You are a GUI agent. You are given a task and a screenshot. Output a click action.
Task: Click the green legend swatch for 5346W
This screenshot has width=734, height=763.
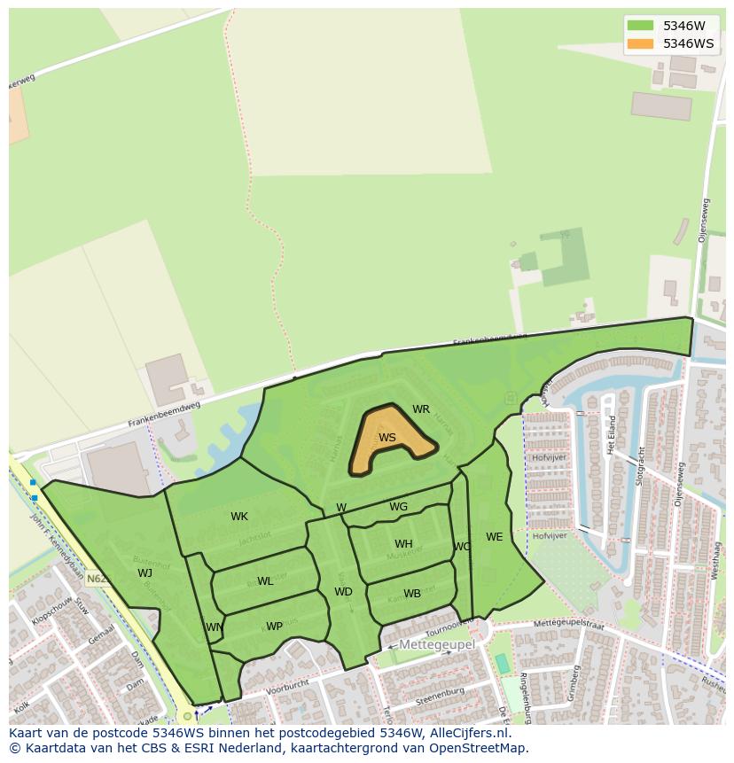click(640, 26)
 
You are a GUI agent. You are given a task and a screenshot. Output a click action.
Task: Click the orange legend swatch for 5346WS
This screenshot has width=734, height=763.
click(640, 43)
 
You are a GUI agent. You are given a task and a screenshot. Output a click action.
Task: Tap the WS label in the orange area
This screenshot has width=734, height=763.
click(387, 438)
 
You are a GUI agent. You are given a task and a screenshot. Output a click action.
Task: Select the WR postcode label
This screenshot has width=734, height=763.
click(421, 409)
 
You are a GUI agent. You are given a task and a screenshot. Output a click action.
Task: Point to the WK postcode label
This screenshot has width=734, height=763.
click(239, 517)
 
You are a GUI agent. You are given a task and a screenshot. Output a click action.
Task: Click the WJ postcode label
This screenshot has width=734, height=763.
click(145, 573)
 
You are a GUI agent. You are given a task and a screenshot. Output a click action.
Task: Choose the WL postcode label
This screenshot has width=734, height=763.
click(265, 581)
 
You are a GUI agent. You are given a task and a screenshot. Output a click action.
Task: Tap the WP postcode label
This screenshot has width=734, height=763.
click(274, 627)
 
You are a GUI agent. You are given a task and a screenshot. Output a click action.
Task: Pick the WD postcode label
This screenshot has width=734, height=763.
click(343, 592)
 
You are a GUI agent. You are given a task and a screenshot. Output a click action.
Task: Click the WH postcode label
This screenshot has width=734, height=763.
click(403, 544)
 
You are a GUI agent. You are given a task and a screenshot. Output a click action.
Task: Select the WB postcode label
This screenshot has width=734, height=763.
click(412, 594)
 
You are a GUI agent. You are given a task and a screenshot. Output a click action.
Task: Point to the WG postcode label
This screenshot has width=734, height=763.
click(399, 507)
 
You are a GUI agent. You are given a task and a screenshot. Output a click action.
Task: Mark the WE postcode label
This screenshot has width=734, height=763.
click(494, 537)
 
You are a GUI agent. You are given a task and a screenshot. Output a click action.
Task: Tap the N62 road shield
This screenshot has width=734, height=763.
click(98, 579)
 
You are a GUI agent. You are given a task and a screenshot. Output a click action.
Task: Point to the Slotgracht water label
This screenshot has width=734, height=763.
click(639, 464)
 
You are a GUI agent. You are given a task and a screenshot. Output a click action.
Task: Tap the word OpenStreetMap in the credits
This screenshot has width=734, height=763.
click(480, 748)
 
